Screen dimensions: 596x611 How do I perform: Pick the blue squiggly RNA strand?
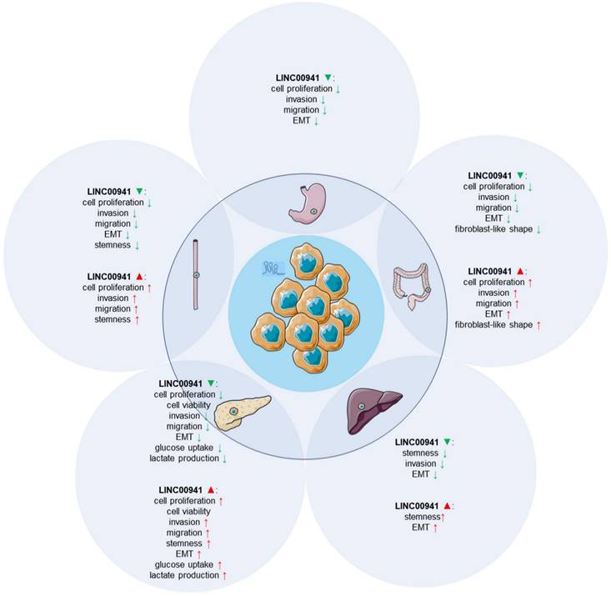point(273,269)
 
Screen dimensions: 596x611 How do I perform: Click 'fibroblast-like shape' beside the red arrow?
point(498,324)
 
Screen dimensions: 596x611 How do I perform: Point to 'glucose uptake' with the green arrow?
point(183,448)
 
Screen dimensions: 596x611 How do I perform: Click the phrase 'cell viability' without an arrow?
point(183,511)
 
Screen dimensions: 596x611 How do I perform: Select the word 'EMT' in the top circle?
point(302,122)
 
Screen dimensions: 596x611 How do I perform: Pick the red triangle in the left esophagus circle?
point(139,277)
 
